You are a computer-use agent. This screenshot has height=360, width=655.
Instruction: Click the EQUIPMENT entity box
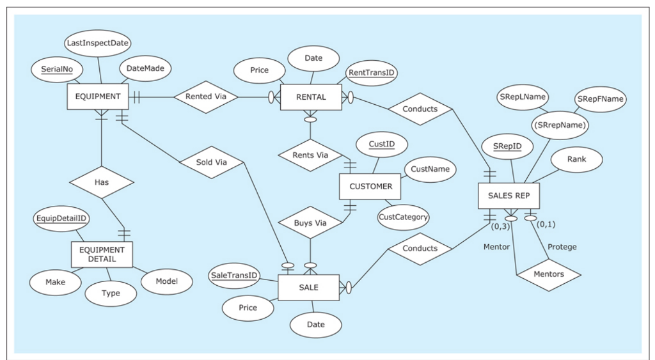tap(98, 97)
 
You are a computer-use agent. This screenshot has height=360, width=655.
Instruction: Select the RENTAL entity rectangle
tap(311, 97)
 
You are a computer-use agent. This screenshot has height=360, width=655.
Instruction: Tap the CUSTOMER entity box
tap(370, 187)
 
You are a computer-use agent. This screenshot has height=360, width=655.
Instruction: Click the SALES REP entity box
tap(509, 196)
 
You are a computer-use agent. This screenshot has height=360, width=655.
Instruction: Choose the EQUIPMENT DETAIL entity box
tap(102, 254)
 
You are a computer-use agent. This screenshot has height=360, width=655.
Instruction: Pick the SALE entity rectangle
tap(308, 288)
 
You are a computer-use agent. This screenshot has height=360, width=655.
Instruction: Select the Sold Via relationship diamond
tap(212, 162)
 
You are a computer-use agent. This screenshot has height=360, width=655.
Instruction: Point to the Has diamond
tap(102, 182)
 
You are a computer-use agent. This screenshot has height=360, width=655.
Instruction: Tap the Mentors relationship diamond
tap(548, 275)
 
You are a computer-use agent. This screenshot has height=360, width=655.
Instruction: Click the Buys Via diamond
tap(310, 223)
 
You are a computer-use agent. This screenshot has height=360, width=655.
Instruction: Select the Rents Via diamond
tap(310, 155)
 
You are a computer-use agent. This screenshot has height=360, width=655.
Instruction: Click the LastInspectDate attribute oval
tap(98, 43)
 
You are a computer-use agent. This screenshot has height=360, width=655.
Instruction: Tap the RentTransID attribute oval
tap(372, 73)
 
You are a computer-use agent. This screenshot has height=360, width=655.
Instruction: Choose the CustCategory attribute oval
tap(403, 217)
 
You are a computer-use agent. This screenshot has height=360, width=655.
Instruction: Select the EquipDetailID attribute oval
tap(63, 219)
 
